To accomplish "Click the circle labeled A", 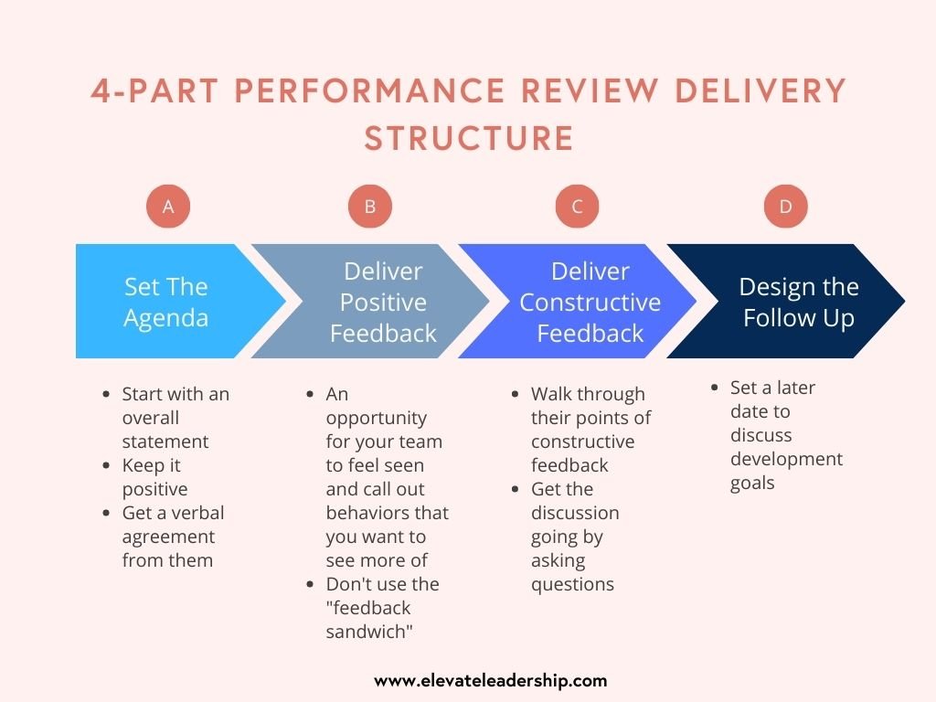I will [x=168, y=207].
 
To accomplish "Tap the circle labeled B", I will [x=370, y=207].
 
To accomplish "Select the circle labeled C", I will [x=577, y=207].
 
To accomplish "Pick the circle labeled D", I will [x=785, y=207].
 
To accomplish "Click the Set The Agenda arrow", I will [x=167, y=302].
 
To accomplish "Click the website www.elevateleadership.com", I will [x=491, y=680].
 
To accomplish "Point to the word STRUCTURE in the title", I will [x=469, y=139].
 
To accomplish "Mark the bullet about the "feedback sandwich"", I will [x=382, y=608].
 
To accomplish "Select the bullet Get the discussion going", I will [x=574, y=537].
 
